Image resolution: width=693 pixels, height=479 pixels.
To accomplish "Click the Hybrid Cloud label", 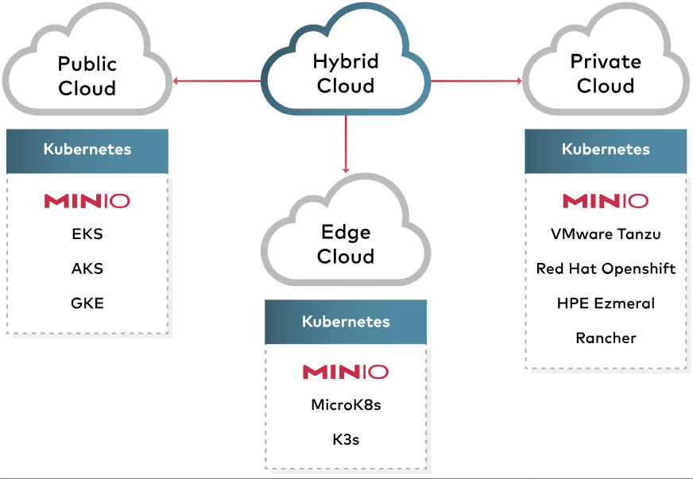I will point(346,74).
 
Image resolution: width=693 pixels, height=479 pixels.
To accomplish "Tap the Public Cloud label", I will point(87,75).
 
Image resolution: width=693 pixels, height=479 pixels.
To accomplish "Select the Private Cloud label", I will point(606,73).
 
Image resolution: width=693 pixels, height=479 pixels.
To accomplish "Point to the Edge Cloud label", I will point(346,245).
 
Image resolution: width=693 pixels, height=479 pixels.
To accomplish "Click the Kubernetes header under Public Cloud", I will point(87,149).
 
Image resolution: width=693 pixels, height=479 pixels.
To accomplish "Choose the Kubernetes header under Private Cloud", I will point(606,149).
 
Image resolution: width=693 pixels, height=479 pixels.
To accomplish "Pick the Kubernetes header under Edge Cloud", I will point(346,322).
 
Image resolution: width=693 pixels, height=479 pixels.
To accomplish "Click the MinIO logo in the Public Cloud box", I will point(87,200).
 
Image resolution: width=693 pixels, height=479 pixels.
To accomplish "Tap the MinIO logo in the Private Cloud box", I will point(606,200).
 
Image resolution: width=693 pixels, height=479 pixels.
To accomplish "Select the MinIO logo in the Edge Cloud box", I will point(346,371).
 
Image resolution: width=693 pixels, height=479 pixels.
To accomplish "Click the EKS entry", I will point(87,234).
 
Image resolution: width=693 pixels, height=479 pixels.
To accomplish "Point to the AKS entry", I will point(87,268).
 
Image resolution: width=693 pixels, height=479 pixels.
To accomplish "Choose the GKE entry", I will point(87,303).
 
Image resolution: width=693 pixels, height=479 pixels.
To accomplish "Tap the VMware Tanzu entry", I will point(606,234).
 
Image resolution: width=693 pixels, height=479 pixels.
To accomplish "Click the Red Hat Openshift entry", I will point(606,268).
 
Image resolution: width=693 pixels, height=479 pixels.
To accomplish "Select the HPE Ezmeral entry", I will point(606,303).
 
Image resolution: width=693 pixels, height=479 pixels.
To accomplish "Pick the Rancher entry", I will point(606,338).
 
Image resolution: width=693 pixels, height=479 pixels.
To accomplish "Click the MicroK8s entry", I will point(346,405).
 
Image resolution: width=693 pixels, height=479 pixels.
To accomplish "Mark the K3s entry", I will point(346,438).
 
